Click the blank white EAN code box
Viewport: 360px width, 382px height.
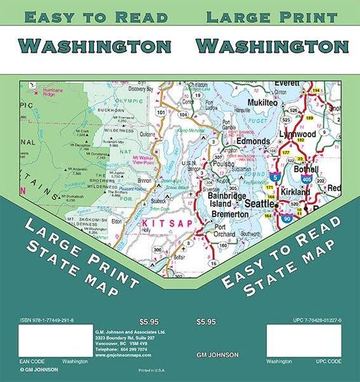[56, 340]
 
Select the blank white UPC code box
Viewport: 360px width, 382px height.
[303, 340]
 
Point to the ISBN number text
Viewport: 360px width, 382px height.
[56, 320]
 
